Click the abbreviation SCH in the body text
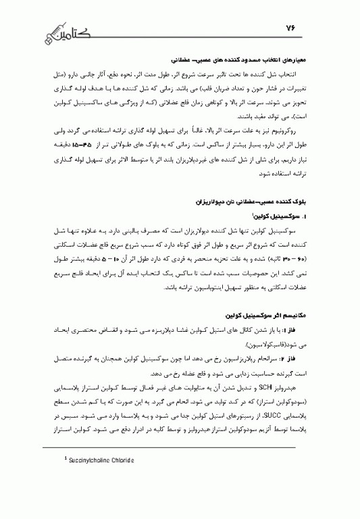pyautogui.click(x=263, y=384)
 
